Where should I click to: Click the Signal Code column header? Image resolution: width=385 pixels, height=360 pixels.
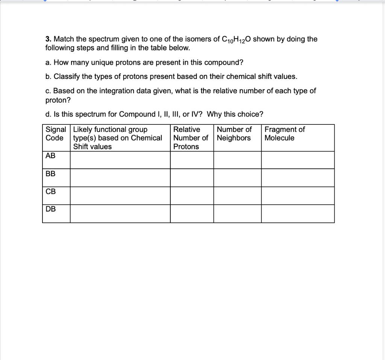pyautogui.click(x=56, y=134)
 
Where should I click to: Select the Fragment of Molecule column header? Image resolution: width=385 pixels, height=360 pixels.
pyautogui.click(x=285, y=134)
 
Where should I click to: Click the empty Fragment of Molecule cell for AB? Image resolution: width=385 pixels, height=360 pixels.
pyautogui.click(x=298, y=160)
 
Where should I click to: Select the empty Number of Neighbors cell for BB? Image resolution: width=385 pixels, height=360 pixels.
pyautogui.click(x=238, y=178)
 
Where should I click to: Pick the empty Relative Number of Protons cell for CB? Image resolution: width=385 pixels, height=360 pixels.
pyautogui.click(x=192, y=196)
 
